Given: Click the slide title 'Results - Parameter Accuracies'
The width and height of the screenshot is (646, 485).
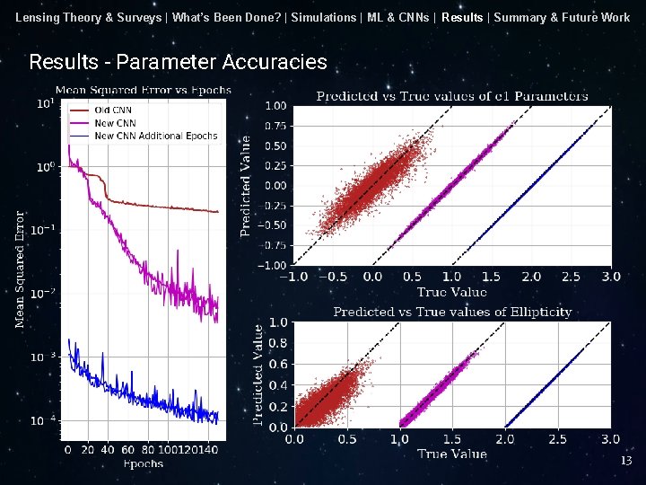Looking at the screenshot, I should [x=178, y=62].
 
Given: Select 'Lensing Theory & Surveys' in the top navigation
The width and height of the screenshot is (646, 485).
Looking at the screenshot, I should [x=89, y=17].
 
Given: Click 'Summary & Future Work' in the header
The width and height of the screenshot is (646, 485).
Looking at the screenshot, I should [x=562, y=17].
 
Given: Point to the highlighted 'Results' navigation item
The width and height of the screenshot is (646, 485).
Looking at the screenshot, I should [x=461, y=17].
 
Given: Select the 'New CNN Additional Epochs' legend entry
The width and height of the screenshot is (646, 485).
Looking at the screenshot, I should [x=155, y=136].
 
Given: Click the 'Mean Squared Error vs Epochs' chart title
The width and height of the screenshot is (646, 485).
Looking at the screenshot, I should [x=144, y=90].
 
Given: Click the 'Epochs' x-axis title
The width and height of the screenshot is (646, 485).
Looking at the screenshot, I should [x=143, y=463].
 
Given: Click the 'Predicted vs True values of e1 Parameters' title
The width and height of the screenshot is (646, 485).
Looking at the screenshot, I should [x=452, y=95].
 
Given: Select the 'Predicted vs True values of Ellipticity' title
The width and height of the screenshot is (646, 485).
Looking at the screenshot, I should [x=452, y=312].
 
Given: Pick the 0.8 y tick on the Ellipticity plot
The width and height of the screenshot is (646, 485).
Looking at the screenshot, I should [x=278, y=343].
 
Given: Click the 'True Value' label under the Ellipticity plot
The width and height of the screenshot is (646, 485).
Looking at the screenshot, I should [x=451, y=454].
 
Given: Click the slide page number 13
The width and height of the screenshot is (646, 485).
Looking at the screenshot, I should [x=626, y=461].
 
